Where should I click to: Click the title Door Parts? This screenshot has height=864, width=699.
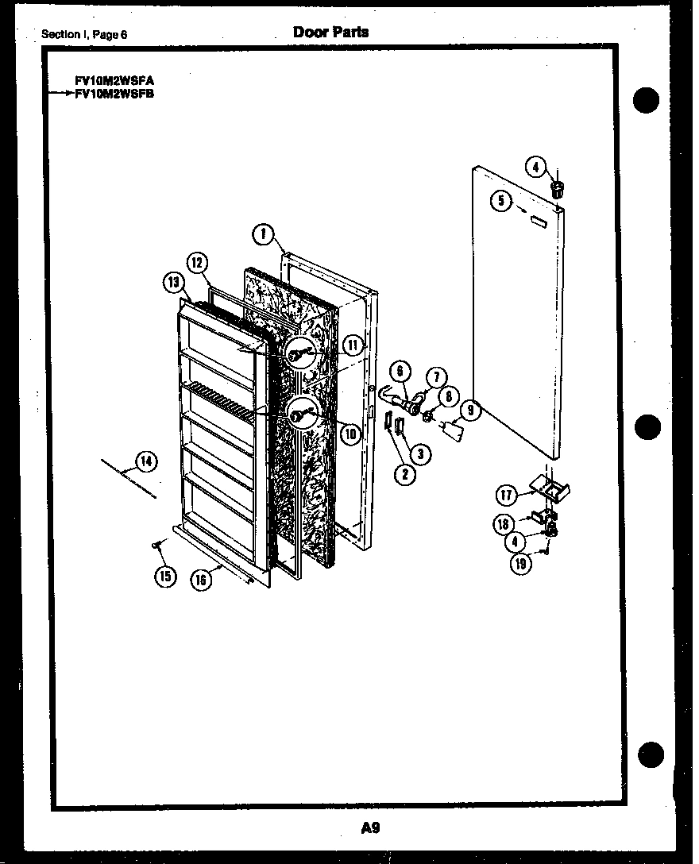pos(330,32)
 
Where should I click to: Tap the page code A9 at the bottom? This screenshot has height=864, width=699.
pos(370,828)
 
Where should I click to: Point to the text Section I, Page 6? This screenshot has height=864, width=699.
pos(84,34)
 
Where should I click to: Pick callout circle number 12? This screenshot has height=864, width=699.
pos(197,263)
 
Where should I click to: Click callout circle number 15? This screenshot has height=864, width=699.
pos(165,576)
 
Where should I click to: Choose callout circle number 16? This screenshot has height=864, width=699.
pos(202,580)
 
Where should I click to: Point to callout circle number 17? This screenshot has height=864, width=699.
pos(506,495)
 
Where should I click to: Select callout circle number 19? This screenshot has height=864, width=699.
pos(519,564)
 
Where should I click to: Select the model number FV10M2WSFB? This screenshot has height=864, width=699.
pos(114,92)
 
